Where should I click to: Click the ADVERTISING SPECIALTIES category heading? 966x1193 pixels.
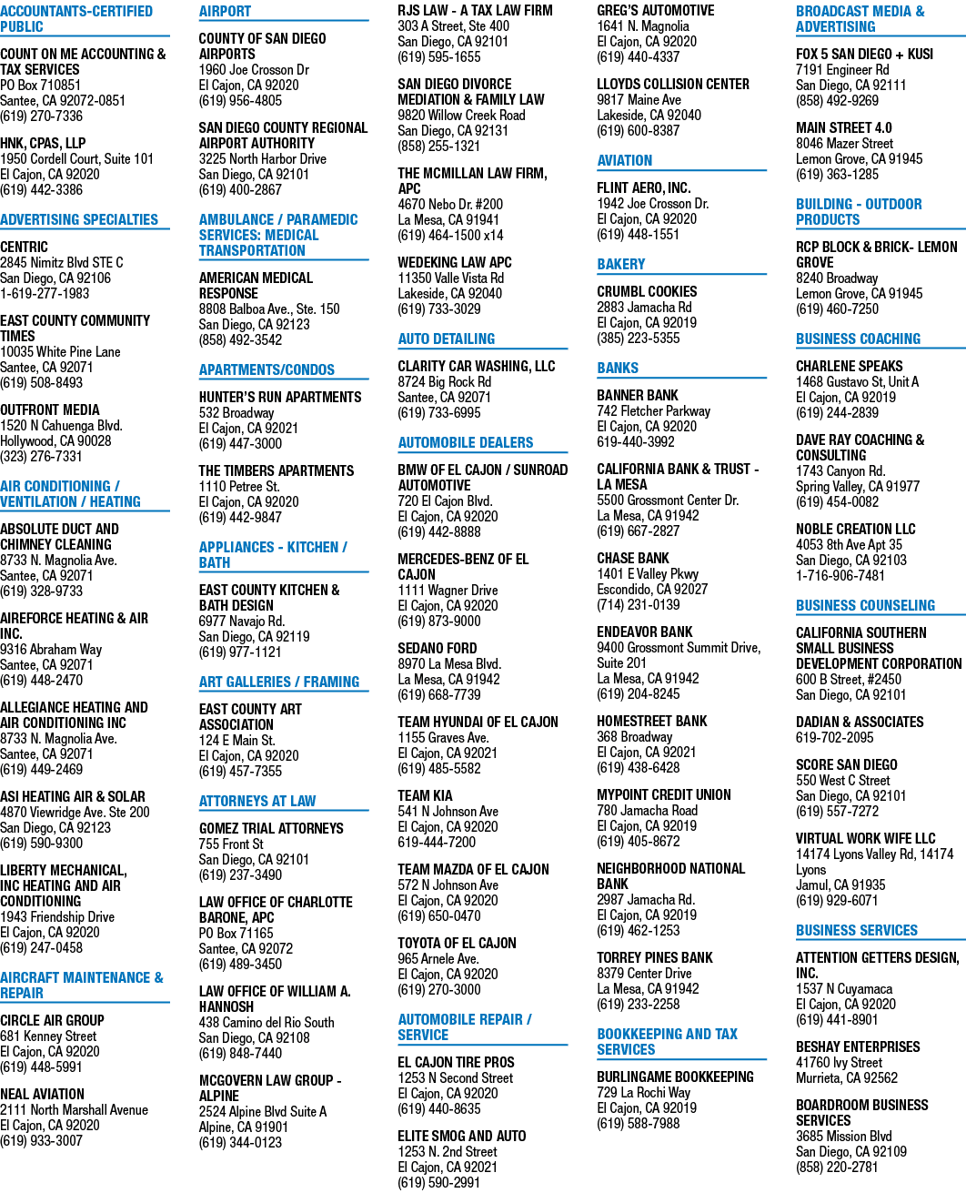[79, 219]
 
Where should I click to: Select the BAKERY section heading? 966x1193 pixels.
[620, 265]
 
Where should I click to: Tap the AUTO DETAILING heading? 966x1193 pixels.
[446, 339]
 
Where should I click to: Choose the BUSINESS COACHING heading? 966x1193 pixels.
[858, 339]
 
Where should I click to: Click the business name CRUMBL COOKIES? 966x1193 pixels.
[647, 292]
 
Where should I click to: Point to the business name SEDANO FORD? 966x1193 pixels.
[438, 648]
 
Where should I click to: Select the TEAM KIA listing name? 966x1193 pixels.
[425, 795]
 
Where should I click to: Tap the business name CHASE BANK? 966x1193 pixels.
[632, 559]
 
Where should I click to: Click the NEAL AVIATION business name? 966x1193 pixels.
[42, 1094]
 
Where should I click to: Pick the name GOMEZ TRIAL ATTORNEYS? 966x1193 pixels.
[271, 828]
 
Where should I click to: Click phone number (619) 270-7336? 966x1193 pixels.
[41, 116]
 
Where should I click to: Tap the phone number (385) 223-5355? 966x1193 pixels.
[638, 339]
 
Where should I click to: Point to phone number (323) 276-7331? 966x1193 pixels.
[41, 457]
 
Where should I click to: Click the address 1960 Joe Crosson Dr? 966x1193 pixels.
[254, 70]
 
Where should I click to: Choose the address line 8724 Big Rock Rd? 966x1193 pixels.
[445, 382]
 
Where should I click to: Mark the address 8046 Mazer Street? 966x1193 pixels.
[844, 144]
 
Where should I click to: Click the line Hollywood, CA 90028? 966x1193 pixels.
[55, 440]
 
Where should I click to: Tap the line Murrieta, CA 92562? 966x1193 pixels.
[846, 1077]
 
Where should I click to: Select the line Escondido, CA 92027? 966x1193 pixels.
[652, 589]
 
